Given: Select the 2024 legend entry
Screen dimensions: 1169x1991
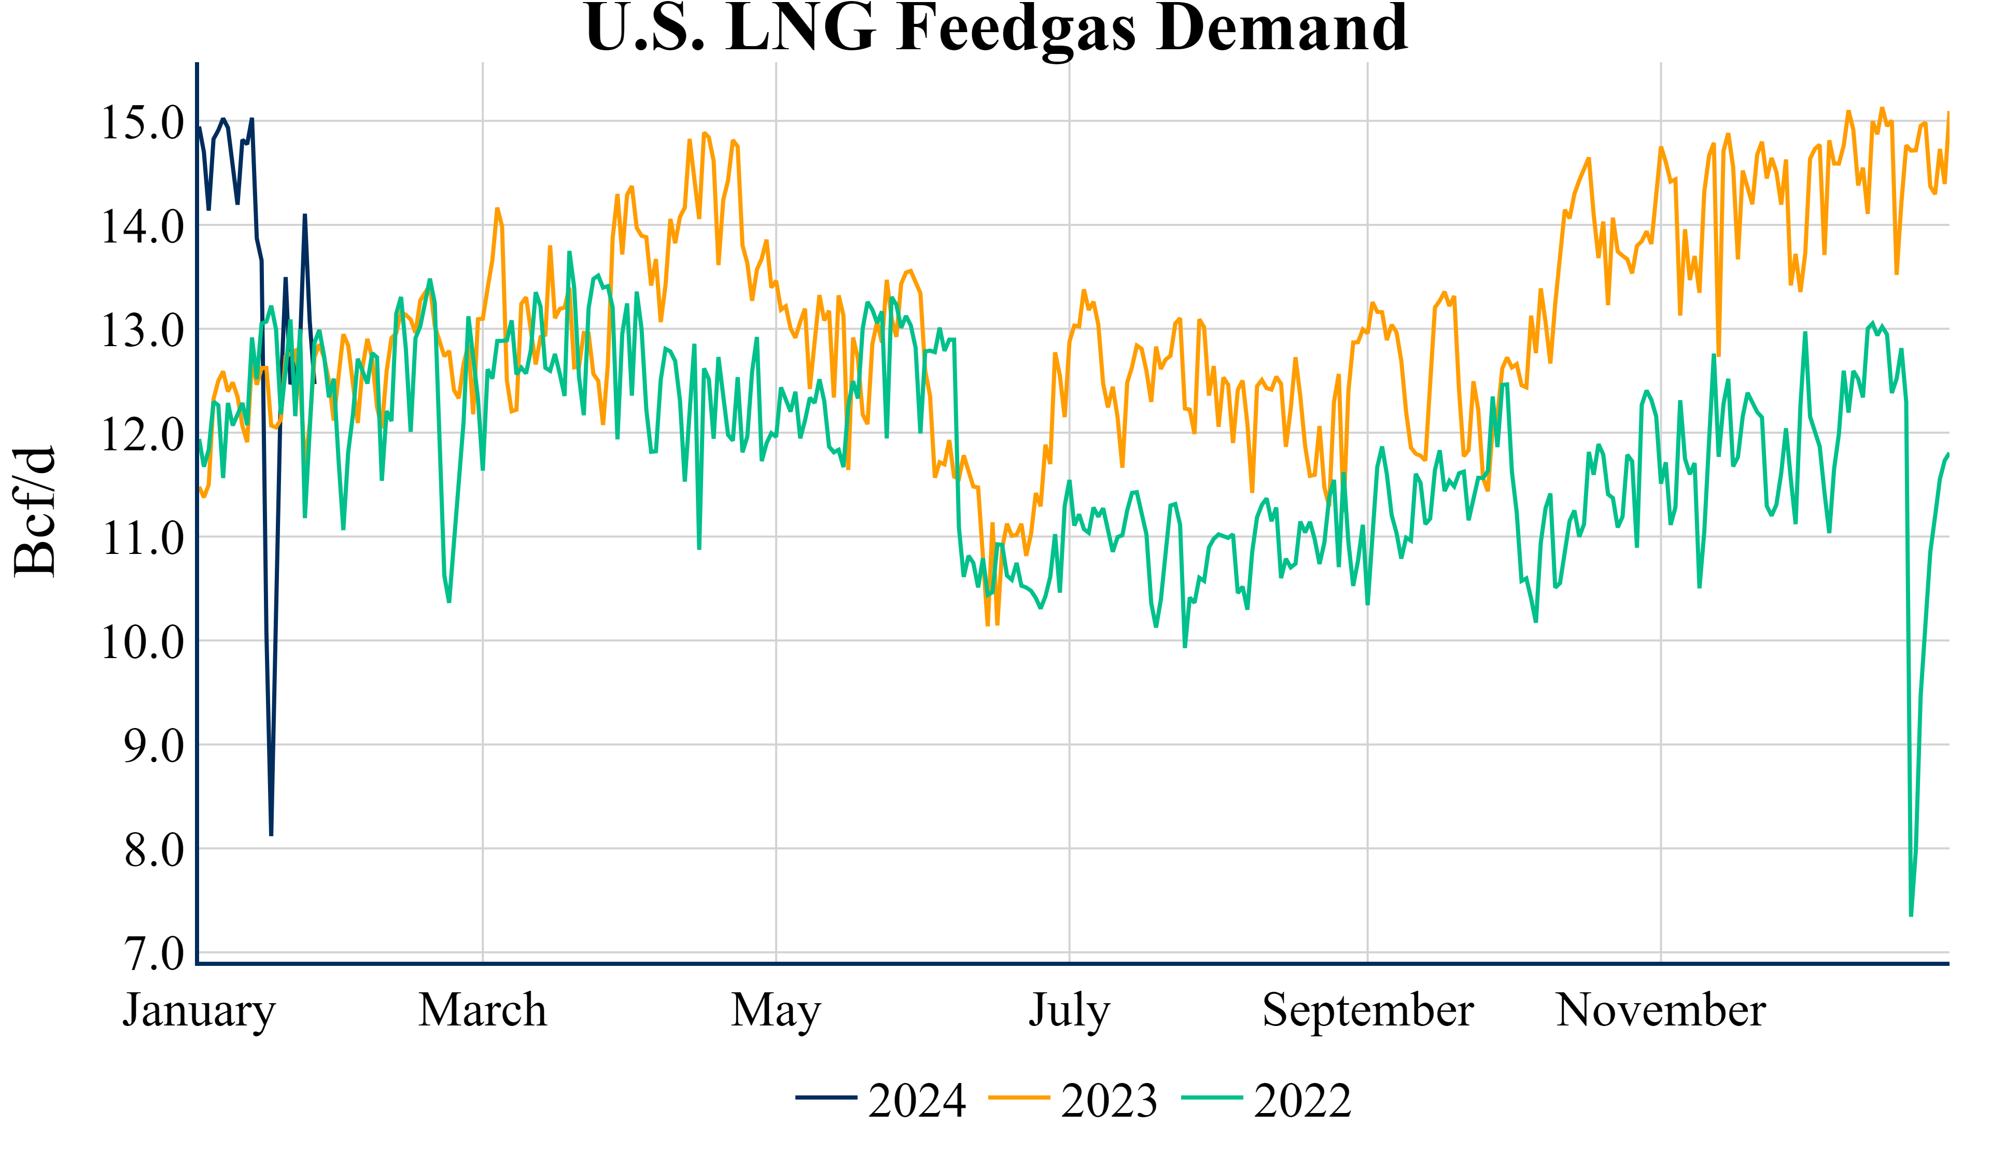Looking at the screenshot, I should [x=881, y=1100].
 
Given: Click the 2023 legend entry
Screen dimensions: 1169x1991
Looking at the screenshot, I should [x=1074, y=1100].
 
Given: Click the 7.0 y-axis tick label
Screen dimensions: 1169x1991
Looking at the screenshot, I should [x=154, y=954].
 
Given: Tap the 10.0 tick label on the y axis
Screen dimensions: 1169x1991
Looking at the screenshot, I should [x=142, y=642].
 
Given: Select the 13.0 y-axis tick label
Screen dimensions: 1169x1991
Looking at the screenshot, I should [x=142, y=330].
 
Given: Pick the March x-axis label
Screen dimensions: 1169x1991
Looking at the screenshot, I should [x=483, y=1010].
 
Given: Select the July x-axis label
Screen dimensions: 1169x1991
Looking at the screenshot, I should [x=1069, y=1011].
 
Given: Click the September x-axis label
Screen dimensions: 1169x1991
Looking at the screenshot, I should [x=1368, y=1011].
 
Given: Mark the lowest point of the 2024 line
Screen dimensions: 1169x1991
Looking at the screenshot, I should [x=271, y=834].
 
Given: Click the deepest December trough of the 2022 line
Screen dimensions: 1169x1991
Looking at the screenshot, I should [x=1911, y=916].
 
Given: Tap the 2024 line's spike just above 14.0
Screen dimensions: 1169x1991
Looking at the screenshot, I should [x=305, y=215].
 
